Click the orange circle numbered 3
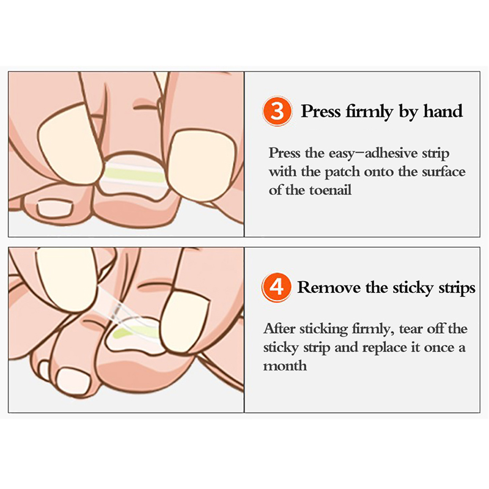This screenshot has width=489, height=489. pyautogui.click(x=277, y=111)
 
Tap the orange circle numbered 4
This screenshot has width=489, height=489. pyautogui.click(x=276, y=287)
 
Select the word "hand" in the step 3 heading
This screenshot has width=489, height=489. pyautogui.click(x=443, y=111)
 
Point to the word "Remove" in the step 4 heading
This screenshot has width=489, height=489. pyautogui.click(x=329, y=287)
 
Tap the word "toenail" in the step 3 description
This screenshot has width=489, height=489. pyautogui.click(x=331, y=190)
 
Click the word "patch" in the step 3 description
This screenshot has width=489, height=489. pyautogui.click(x=342, y=172)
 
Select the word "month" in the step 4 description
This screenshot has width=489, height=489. pyautogui.click(x=285, y=366)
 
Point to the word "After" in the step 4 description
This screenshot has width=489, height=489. pyautogui.click(x=279, y=328)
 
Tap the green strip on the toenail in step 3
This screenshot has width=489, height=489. pyautogui.click(x=133, y=174)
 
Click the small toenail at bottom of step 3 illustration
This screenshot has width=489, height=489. pyautogui.click(x=55, y=208)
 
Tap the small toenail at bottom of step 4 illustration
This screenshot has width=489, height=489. pyautogui.click(x=73, y=380)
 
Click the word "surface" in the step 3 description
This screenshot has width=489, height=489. pyautogui.click(x=444, y=172)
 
